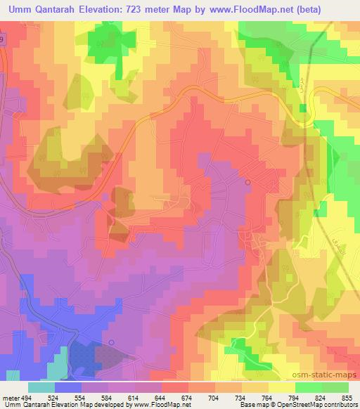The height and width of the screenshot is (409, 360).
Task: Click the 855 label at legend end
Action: click(348, 396)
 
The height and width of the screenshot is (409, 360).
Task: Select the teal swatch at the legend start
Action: click(41, 387)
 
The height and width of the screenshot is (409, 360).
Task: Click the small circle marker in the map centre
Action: click(247, 182)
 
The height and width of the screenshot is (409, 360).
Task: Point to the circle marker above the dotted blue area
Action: click(111, 342)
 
